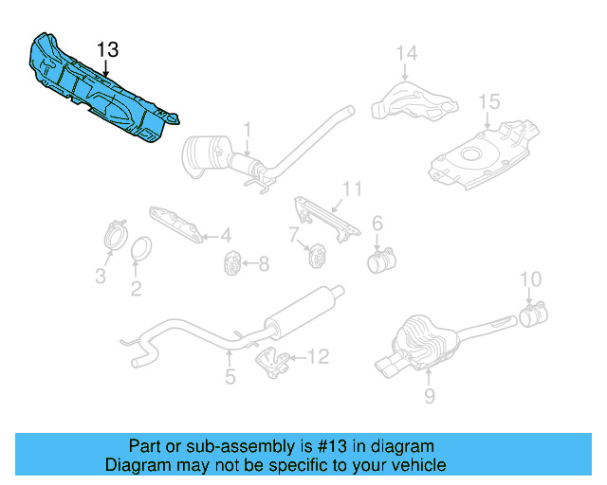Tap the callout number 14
click(x=406, y=53)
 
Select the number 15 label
click(x=488, y=101)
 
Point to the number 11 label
click(x=353, y=189)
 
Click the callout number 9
click(x=429, y=397)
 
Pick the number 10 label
click(x=531, y=278)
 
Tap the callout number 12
click(x=318, y=357)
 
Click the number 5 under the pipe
click(x=230, y=378)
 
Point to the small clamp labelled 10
click(x=534, y=314)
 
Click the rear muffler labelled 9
click(x=422, y=342)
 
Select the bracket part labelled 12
click(x=274, y=361)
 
